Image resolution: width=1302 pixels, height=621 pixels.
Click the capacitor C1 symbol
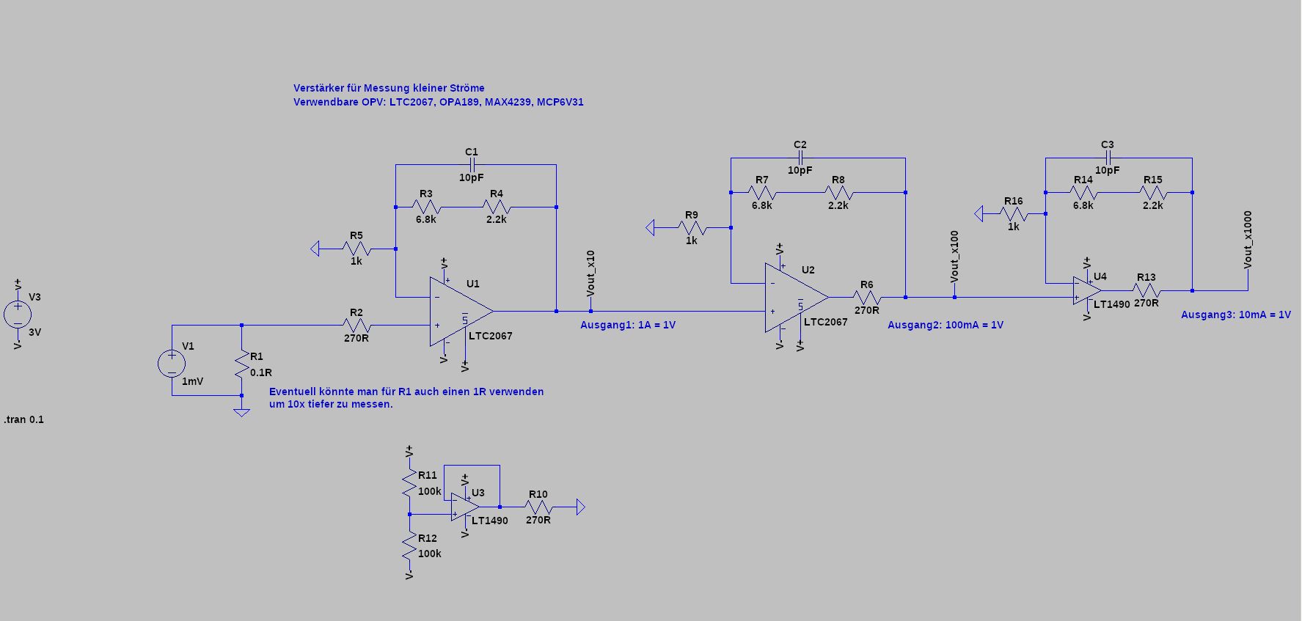(x=472, y=165)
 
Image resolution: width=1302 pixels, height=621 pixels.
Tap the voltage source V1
(x=172, y=364)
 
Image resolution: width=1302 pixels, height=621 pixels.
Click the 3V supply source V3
(x=18, y=314)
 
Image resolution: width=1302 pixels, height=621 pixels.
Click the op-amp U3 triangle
(x=465, y=507)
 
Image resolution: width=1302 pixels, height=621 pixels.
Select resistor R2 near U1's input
(x=356, y=325)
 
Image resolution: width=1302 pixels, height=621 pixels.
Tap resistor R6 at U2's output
(x=866, y=297)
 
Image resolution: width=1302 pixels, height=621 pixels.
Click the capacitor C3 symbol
(x=1108, y=158)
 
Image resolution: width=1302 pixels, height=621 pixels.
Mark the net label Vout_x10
(x=590, y=273)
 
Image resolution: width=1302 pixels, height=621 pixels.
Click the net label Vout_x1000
(x=1248, y=240)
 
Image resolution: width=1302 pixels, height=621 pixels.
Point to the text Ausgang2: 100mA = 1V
(x=946, y=325)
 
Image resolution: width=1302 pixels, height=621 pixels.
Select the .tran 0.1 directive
(x=24, y=419)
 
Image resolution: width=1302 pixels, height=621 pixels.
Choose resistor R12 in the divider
(x=409, y=546)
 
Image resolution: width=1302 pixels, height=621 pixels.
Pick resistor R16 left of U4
(x=1013, y=214)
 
